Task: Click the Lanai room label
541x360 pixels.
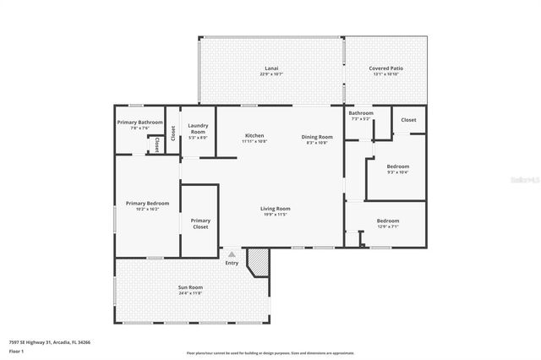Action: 271,68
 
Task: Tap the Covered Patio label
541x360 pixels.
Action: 384,68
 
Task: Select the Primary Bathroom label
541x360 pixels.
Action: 139,123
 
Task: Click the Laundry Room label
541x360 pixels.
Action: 198,128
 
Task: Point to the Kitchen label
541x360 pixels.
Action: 254,136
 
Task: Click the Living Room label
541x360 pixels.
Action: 275,209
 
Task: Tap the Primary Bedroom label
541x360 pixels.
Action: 147,204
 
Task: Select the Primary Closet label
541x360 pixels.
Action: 200,224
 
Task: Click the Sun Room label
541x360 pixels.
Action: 189,287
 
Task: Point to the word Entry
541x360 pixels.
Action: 232,263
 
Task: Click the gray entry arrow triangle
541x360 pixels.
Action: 232,254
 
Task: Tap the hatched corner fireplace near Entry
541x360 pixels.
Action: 257,262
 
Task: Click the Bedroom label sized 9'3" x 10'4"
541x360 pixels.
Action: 397,166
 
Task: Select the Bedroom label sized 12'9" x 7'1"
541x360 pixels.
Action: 388,221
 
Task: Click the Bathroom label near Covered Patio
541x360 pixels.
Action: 361,113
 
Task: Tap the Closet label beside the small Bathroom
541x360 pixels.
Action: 408,120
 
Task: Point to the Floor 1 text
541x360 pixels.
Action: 16,351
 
